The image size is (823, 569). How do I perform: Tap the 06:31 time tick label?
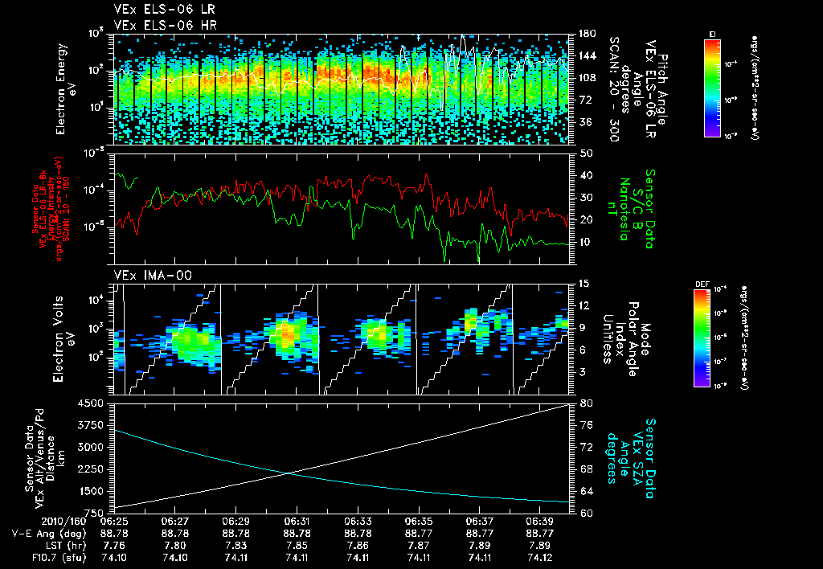(x=297, y=521)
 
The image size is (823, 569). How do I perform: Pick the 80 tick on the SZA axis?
(x=586, y=403)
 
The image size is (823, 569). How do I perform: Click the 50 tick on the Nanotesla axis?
(x=586, y=153)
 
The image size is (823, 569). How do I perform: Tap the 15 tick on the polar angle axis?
(x=584, y=284)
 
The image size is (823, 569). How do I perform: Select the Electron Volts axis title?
(x=67, y=338)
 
